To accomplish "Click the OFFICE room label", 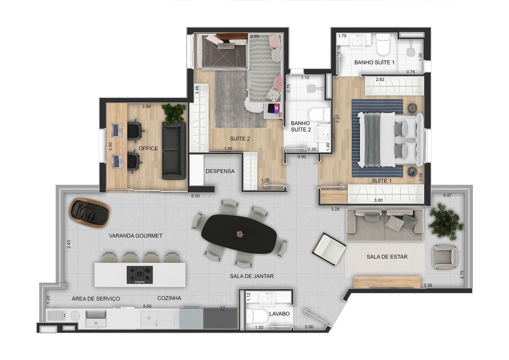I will coord(148,148).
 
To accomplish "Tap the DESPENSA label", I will coord(220,171).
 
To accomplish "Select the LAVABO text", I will coord(279,314).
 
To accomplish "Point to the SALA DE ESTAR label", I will coord(387,257).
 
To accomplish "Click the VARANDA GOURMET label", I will coord(136,236).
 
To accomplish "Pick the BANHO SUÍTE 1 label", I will coord(374,63).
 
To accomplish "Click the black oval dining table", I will coord(240,234).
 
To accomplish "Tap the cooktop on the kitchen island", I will coord(139,274).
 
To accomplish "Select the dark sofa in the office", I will coord(173,150).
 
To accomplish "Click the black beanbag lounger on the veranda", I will coord(89,212).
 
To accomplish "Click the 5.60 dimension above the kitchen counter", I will coord(147,307).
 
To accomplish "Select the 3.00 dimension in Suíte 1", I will coord(378,200).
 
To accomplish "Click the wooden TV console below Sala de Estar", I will coord(387,282).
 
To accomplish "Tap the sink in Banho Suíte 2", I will coord(324,132).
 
